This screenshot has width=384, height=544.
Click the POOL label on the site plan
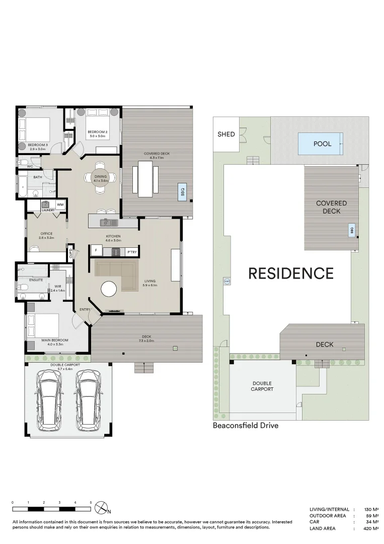[x=322, y=144]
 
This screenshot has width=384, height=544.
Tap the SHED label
[x=226, y=134]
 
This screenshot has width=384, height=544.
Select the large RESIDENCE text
[x=291, y=274]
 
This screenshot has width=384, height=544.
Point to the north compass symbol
[x=103, y=507]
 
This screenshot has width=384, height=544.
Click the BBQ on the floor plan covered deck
[x=182, y=192]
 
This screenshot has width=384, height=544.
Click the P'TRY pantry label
[x=131, y=251]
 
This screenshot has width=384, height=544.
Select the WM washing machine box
[x=60, y=205]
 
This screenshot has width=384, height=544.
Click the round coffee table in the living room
[x=110, y=289]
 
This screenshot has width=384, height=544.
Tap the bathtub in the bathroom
[x=23, y=186]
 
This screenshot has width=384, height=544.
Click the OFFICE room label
[x=47, y=234]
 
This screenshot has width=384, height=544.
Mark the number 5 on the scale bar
[x=91, y=503]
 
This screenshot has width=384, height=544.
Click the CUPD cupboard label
[x=70, y=252]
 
